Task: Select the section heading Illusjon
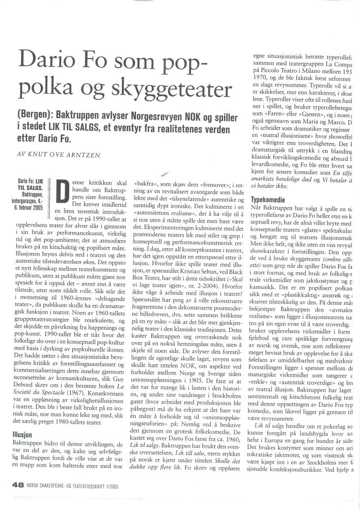click(23, 435)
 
